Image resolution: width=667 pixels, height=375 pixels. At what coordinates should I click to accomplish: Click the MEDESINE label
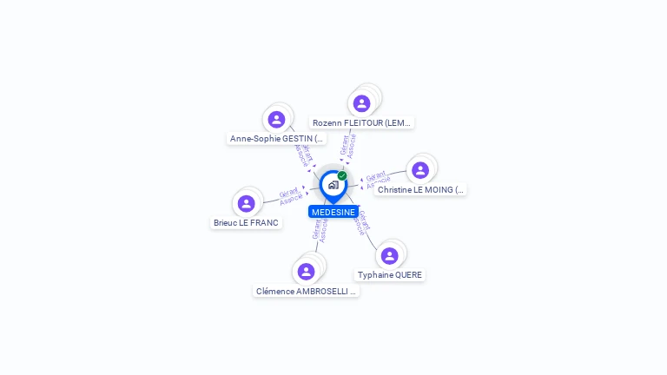tap(333, 212)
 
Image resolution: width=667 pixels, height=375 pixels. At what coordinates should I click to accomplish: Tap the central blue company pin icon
tap(333, 185)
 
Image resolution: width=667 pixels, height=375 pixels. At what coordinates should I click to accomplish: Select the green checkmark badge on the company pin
tap(342, 176)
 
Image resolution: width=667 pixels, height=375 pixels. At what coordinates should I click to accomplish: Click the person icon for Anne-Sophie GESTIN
tap(276, 120)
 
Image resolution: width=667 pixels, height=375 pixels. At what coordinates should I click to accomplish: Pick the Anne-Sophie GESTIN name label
tap(276, 138)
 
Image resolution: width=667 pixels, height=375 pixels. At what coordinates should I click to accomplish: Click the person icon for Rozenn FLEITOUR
tap(361, 104)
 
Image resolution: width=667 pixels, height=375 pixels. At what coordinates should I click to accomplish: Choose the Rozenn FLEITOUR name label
tap(362, 123)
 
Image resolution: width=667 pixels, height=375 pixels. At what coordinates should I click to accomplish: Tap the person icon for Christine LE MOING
tap(420, 170)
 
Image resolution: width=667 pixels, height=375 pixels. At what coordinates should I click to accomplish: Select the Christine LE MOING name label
tap(421, 189)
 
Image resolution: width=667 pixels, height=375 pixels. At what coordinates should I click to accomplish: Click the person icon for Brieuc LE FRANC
tap(247, 204)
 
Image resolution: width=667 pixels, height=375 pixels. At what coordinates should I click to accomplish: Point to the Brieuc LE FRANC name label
tap(247, 223)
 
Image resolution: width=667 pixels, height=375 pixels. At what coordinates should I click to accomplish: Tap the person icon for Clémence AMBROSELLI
tap(306, 272)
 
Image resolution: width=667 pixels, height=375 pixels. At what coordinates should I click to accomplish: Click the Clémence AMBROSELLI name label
tap(306, 292)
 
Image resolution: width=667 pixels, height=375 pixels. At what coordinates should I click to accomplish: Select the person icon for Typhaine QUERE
tap(389, 255)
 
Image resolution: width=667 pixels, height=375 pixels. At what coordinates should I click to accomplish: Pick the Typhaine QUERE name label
tap(390, 275)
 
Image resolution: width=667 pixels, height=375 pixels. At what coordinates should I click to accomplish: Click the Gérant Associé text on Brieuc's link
tap(290, 195)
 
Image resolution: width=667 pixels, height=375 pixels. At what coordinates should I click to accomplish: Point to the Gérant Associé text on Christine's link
tap(376, 181)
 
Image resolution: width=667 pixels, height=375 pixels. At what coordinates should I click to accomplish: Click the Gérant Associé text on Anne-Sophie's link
tap(302, 154)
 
